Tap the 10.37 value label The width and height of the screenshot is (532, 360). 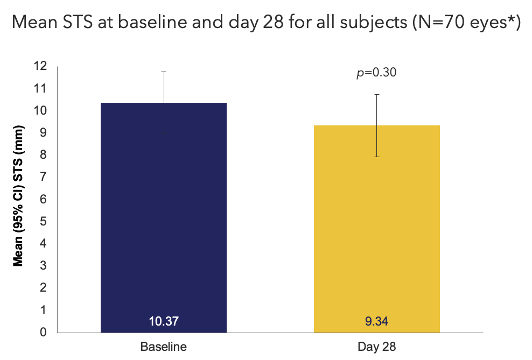(x=164, y=322)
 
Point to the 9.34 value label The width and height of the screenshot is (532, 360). (x=376, y=322)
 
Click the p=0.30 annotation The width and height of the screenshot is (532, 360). (x=376, y=73)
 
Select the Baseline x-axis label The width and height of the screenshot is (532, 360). (x=164, y=347)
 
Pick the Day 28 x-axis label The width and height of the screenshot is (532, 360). (x=376, y=347)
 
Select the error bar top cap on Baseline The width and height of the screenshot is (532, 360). (x=164, y=72)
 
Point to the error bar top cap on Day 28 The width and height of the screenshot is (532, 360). (x=376, y=94)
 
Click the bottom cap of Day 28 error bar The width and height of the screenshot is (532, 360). (x=376, y=157)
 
